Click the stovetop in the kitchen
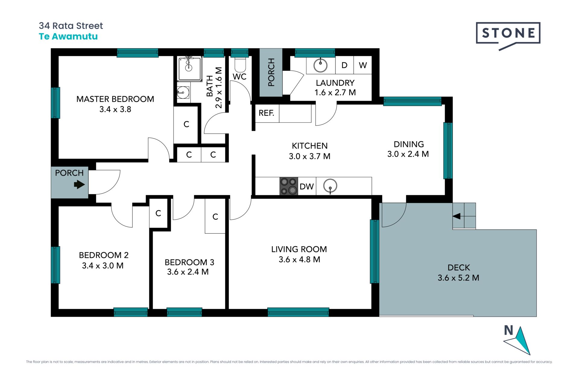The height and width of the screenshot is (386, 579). coord(289,186)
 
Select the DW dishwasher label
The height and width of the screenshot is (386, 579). coord(307,187)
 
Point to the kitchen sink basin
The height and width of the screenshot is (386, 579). coord(330,186)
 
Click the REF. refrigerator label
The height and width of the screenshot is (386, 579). coord(267,113)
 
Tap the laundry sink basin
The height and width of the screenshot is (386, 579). coord(320,65)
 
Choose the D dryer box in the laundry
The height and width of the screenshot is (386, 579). coord(344,65)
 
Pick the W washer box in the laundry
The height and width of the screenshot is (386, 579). coord(363,65)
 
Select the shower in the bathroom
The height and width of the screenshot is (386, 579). coord(189,69)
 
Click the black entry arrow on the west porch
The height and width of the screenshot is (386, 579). coord(79,184)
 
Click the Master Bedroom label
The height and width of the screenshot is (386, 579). coord(115,99)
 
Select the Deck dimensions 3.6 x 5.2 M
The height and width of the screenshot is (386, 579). coord(458,278)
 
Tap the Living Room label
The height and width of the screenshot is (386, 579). coord(299,249)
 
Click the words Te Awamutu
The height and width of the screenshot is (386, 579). coord(68,36)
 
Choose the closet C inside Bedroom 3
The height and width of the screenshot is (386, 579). coord(215,217)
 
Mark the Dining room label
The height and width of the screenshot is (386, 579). coord(409,144)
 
